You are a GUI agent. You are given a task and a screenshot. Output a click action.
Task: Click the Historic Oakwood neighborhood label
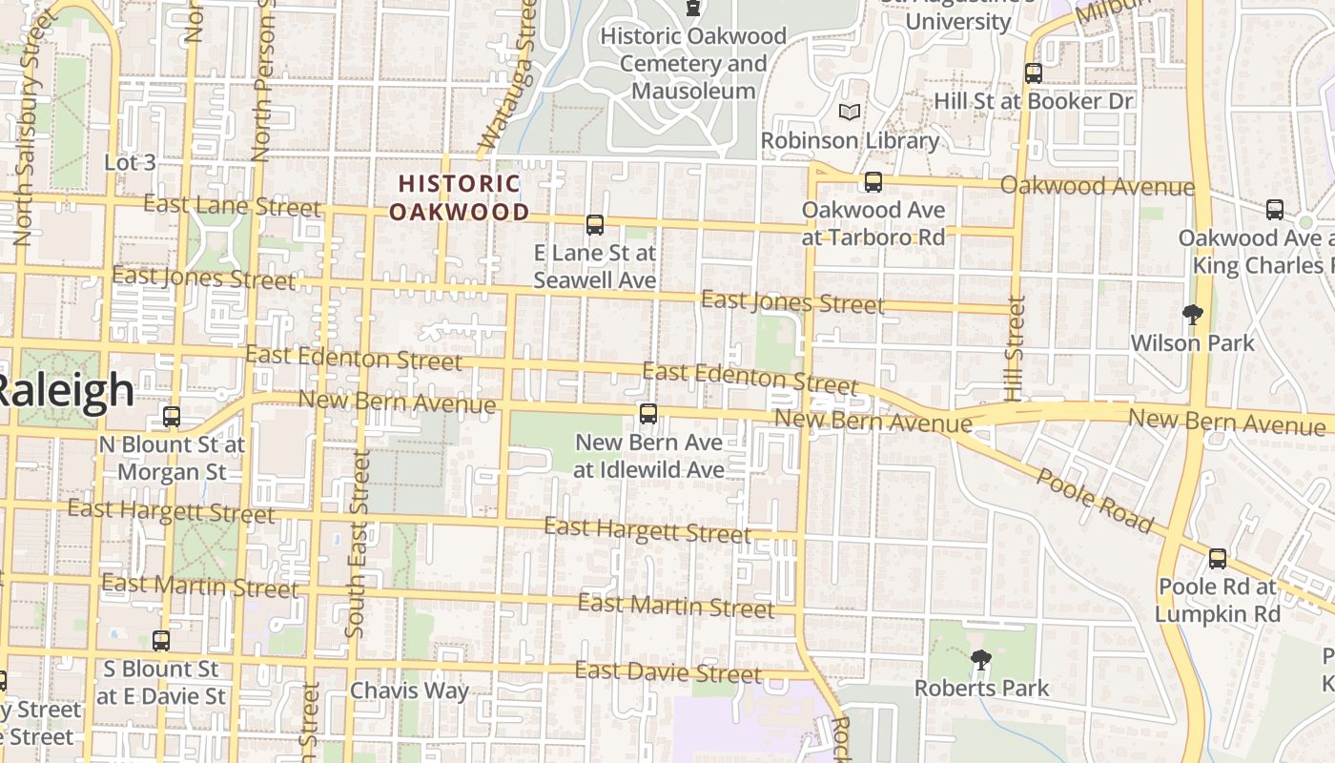click(460, 197)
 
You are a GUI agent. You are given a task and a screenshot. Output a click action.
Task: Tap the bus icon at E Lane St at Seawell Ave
click(595, 225)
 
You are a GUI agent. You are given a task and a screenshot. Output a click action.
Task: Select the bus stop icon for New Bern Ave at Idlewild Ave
click(648, 414)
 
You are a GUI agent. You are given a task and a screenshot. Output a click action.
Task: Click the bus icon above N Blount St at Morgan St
click(172, 417)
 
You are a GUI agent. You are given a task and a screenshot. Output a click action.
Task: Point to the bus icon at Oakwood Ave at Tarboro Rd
click(873, 182)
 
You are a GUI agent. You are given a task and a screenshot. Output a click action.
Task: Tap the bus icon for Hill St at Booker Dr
click(1033, 72)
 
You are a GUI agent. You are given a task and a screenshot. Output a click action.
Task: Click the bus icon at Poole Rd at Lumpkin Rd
click(1218, 559)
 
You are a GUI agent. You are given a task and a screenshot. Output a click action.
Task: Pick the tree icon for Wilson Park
click(1192, 314)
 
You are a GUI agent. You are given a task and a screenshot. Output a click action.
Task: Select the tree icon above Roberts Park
click(980, 659)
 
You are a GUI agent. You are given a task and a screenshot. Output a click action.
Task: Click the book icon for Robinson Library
click(850, 113)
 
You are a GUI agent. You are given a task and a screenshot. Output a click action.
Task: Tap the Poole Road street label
click(1095, 500)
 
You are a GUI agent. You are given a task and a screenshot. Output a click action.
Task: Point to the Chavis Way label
click(409, 691)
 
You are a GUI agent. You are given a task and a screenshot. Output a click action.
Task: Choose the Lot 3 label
click(130, 162)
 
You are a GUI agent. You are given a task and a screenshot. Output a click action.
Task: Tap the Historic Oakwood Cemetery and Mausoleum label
click(693, 64)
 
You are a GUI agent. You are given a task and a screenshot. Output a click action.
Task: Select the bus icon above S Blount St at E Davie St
click(161, 641)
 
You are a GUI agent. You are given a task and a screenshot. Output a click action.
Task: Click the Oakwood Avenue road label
click(1097, 186)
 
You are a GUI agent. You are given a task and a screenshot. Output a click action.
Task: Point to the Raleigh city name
click(65, 391)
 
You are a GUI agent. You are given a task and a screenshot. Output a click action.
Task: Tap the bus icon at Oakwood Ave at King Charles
click(1275, 210)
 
